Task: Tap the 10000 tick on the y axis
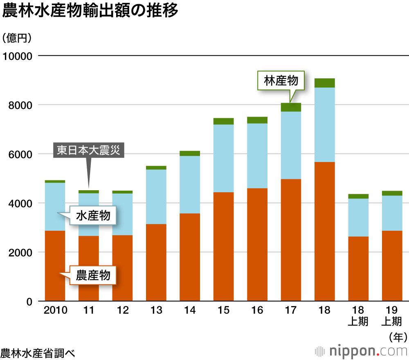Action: [17, 56]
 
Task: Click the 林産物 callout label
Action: [281, 81]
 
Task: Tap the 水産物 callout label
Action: [93, 215]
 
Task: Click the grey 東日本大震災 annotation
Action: [88, 150]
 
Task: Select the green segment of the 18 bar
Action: [325, 83]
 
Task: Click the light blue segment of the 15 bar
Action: [223, 158]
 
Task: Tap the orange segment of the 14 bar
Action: [190, 257]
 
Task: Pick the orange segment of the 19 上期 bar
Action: [392, 266]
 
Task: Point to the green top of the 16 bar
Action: [257, 120]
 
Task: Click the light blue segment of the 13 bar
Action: [156, 196]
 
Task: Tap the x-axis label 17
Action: [290, 310]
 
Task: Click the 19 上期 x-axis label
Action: [391, 316]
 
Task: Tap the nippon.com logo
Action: [362, 351]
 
